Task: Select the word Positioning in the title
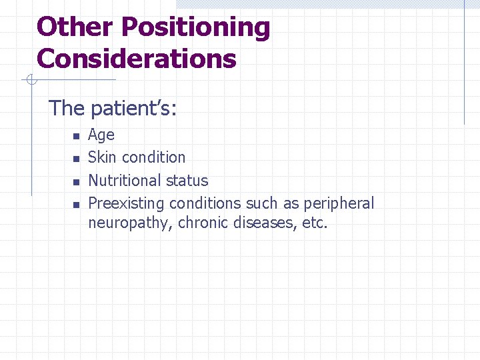pos(196,27)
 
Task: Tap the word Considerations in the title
pos(137,59)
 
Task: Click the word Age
pos(101,135)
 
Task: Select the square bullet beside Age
pos(76,136)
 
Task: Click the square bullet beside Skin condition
pos(76,159)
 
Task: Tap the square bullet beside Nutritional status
pos(76,181)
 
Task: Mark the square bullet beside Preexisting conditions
pos(76,204)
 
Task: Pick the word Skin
pos(103,157)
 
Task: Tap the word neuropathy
pos(131,223)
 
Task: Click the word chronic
pos(204,222)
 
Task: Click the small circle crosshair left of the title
pos(29,81)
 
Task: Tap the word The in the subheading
pos(67,108)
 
